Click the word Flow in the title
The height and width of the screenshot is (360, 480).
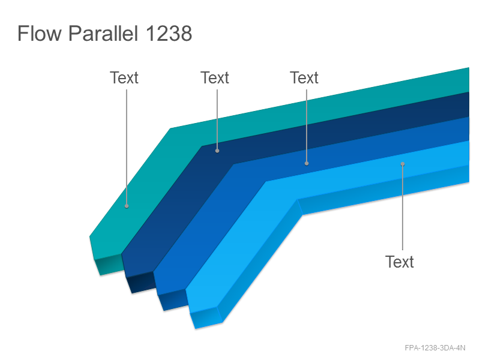(40, 33)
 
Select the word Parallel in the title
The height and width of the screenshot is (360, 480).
(103, 33)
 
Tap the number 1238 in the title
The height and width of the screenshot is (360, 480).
(169, 34)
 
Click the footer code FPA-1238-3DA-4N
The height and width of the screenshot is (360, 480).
(435, 348)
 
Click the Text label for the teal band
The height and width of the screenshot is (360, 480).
(124, 78)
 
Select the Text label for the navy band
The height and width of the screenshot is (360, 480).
(215, 78)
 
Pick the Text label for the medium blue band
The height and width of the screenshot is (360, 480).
(304, 78)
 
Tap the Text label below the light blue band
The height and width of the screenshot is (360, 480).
(400, 262)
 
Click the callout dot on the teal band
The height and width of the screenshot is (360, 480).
(127, 206)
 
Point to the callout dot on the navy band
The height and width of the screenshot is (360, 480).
(217, 151)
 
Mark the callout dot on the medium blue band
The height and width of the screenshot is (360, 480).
(307, 163)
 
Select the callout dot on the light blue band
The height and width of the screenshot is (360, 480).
(403, 164)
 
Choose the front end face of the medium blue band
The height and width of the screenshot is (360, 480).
(173, 300)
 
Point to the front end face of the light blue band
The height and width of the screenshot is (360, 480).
(206, 318)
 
